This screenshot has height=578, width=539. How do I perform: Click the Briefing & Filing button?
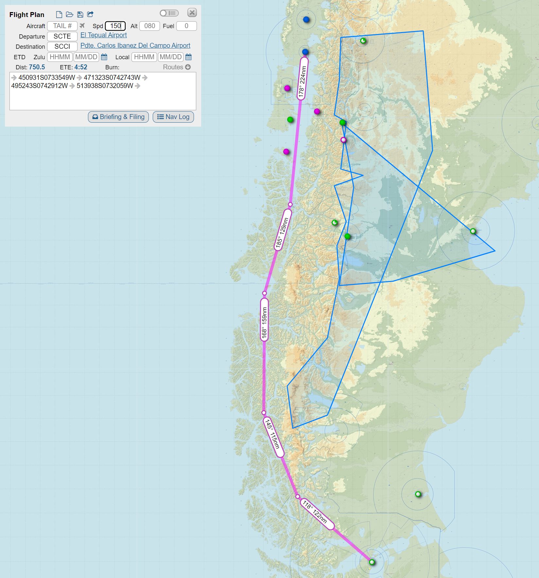[118, 117]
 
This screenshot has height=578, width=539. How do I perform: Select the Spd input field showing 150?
[115, 26]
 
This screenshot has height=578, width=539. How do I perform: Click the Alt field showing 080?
[149, 26]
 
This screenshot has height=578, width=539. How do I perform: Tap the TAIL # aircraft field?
[62, 26]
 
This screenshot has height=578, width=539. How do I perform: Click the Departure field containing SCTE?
[62, 36]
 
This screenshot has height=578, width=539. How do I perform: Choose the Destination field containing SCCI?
[62, 46]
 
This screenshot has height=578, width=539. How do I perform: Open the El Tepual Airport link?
[103, 35]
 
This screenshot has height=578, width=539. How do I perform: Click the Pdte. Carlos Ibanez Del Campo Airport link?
[135, 45]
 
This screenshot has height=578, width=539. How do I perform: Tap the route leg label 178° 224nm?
[302, 82]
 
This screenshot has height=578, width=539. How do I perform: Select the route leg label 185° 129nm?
[282, 234]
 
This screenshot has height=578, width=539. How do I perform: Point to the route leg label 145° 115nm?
[273, 437]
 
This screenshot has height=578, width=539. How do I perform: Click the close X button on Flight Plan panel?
[192, 13]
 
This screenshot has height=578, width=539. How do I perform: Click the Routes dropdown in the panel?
[177, 67]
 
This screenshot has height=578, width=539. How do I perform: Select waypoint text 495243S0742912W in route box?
[40, 86]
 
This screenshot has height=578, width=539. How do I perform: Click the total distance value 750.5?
[37, 67]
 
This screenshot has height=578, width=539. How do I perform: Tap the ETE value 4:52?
[81, 67]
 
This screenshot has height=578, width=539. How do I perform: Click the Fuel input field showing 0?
[186, 26]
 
